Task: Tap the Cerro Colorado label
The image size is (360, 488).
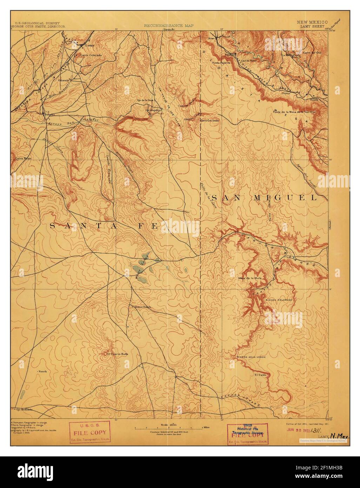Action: tap(91, 55)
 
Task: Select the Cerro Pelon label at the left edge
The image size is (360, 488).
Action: tap(23, 158)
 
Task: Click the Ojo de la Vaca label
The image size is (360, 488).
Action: tap(146, 100)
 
